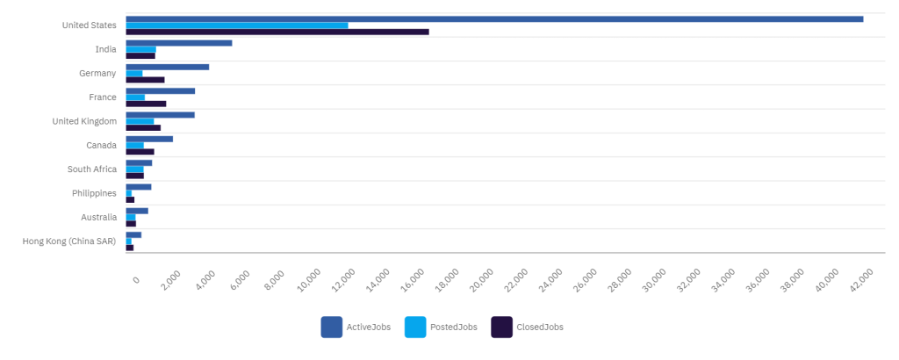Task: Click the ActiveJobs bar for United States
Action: click(x=494, y=18)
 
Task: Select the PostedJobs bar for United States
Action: click(x=237, y=25)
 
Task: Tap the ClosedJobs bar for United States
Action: click(x=277, y=32)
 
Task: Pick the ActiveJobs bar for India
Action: click(x=179, y=42)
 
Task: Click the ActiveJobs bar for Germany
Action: click(x=168, y=67)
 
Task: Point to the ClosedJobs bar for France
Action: click(x=146, y=104)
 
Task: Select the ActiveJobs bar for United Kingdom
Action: click(x=161, y=114)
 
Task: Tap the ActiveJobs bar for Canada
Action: click(x=149, y=139)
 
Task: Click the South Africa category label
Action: click(x=92, y=169)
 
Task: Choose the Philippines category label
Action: click(x=94, y=193)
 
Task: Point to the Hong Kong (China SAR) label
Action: click(x=69, y=241)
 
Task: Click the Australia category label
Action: click(x=97, y=217)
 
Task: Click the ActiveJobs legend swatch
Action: click(x=331, y=327)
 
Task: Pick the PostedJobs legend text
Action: click(x=454, y=328)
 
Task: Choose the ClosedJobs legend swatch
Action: click(x=501, y=327)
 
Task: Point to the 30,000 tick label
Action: click(x=656, y=278)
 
